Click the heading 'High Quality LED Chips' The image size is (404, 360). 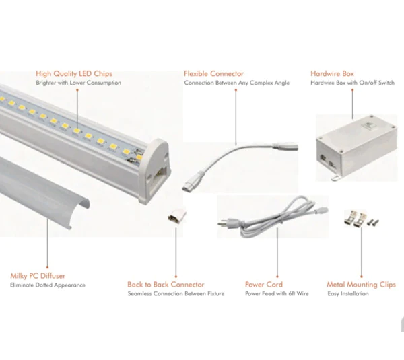click(74, 73)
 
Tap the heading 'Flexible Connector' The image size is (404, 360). click(213, 73)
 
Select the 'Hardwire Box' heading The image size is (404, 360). click(332, 73)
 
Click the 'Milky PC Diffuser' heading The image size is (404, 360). click(38, 276)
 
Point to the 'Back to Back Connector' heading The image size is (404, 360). click(166, 284)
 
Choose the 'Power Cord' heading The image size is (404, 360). click(264, 284)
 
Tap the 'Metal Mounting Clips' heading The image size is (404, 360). click(361, 284)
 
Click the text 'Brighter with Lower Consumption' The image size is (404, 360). click(78, 83)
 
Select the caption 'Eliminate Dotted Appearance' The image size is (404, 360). click(48, 285)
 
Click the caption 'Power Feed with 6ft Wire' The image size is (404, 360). click(277, 293)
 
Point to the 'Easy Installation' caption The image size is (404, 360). click(348, 293)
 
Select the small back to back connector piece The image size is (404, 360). click(176, 215)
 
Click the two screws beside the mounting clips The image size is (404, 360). click(373, 221)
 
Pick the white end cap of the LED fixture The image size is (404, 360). click(155, 171)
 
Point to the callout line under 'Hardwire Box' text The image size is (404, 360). click(352, 104)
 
